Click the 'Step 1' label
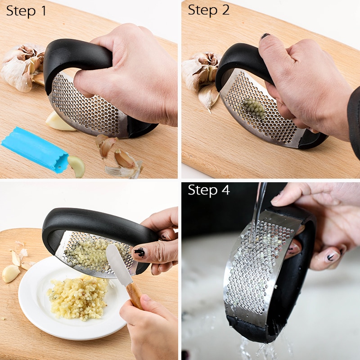point(26,11)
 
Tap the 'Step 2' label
point(209,10)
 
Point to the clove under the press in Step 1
point(58,121)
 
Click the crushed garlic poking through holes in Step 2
point(254,108)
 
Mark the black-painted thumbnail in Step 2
point(265,36)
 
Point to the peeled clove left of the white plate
point(11,273)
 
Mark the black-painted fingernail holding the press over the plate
point(139,252)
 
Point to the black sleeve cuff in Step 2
point(354,121)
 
